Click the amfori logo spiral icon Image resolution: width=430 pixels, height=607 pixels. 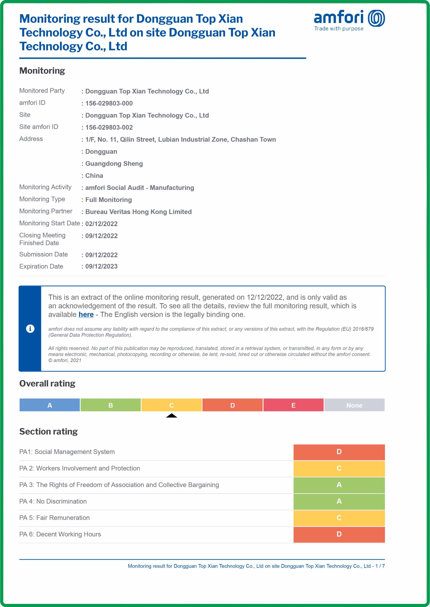pos(376,18)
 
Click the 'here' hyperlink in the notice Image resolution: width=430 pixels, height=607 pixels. pos(86,314)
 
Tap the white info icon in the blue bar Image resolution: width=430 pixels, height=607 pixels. pos(30,329)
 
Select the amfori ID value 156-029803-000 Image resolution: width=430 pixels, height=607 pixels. pos(109,103)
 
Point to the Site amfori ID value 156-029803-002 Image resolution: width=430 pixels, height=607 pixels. pos(109,127)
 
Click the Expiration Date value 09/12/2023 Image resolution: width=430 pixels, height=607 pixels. pos(101,266)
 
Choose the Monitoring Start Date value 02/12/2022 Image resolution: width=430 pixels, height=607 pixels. pos(101,224)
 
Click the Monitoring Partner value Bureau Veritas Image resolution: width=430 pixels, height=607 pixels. pos(138,212)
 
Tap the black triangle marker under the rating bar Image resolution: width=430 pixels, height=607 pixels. pos(172,415)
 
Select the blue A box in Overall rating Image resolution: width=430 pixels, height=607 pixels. pos(50,405)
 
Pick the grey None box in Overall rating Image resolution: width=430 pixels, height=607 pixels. pos(354,405)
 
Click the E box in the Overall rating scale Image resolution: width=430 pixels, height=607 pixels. pos(293,405)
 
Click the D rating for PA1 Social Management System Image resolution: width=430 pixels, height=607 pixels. pos(339,452)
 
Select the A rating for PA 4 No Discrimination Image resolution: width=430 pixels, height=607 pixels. pos(339,501)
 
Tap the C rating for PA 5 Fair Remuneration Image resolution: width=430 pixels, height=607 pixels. pos(339,518)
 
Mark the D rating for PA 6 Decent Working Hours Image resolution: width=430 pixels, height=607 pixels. pos(339,534)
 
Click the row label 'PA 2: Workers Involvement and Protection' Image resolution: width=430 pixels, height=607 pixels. pos(80,468)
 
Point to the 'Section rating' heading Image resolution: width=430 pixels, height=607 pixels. pos(49,432)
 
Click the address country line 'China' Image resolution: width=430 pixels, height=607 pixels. pos(94,176)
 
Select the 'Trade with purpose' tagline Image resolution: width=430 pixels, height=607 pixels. pos(339,29)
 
